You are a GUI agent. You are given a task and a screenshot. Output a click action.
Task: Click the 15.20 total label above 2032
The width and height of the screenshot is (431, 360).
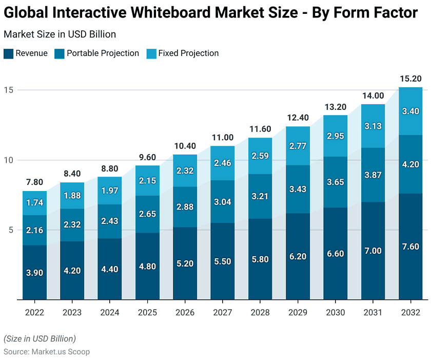point(410,79)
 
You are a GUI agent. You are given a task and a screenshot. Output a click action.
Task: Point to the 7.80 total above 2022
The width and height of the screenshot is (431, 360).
point(34,182)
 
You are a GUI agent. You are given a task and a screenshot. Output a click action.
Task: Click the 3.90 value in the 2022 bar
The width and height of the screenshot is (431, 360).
point(34,273)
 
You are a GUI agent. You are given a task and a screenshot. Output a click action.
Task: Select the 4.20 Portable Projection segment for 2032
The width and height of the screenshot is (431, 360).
point(410,164)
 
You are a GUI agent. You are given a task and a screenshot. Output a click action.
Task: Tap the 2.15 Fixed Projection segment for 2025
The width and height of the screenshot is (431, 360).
point(147,180)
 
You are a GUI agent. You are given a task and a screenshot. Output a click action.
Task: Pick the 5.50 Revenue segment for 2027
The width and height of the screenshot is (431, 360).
point(223,261)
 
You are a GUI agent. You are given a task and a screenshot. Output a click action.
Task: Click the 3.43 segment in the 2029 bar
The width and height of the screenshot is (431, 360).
point(298,189)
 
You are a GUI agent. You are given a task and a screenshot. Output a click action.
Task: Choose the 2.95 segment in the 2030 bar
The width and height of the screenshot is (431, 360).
point(335,136)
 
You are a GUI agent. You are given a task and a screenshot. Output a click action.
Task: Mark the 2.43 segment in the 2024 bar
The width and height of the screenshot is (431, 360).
point(110,221)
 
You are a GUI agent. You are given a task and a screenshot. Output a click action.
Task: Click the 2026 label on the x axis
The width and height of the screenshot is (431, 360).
point(185,313)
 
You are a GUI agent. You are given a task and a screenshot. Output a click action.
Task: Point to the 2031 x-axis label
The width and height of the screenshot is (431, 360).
point(373,313)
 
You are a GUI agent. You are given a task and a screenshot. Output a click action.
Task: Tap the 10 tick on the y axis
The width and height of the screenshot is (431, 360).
point(9,160)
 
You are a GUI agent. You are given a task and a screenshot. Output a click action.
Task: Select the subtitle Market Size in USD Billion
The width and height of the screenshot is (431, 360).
point(60,34)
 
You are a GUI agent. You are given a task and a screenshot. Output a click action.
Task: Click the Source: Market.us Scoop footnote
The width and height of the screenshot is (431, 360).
point(47,352)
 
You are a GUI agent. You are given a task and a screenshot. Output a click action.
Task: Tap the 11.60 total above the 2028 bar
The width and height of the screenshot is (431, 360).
point(260,129)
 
